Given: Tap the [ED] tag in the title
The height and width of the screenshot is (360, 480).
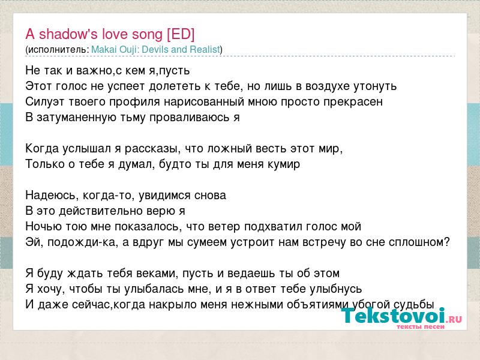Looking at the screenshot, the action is [x=181, y=34].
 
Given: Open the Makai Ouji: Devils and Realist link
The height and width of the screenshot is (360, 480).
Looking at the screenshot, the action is [x=155, y=49].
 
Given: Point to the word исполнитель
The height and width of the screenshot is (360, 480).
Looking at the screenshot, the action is [x=57, y=50].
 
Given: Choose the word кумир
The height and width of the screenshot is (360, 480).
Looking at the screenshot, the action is [x=284, y=164].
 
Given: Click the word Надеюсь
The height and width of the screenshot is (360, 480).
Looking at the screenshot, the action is [x=50, y=196].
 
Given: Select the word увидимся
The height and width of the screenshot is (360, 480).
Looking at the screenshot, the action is [x=160, y=196].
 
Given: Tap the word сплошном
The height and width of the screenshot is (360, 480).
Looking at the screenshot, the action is [x=418, y=242].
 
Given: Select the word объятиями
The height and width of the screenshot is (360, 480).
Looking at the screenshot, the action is [x=318, y=305].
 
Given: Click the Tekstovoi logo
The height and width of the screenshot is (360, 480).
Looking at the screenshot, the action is [x=401, y=316].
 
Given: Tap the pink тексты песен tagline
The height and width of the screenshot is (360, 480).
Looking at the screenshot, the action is [x=421, y=326].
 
